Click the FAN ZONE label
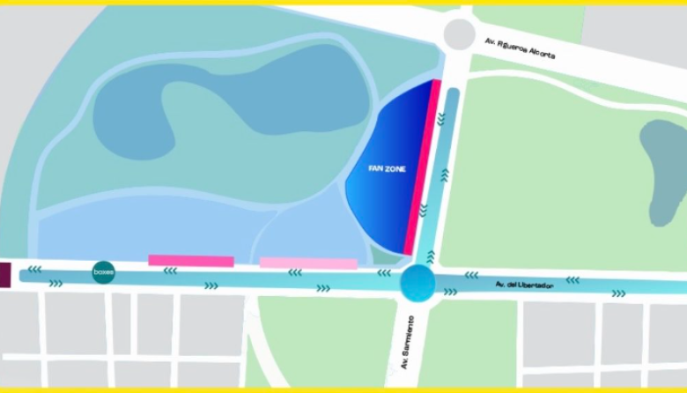click(x=388, y=168)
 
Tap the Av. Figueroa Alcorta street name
click(x=521, y=48)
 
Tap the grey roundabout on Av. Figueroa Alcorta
click(x=459, y=34)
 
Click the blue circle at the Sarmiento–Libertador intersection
click(x=417, y=284)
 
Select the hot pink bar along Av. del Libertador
click(x=190, y=261)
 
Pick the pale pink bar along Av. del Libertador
click(x=308, y=263)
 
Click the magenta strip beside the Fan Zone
click(x=423, y=167)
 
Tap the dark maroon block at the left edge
click(x=4, y=274)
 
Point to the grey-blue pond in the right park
click(x=666, y=173)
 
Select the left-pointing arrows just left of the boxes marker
click(x=34, y=270)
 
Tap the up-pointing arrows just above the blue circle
click(x=430, y=256)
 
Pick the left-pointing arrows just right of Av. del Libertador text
click(x=572, y=280)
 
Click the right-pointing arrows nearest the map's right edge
click(x=619, y=293)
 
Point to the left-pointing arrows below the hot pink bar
click(x=170, y=271)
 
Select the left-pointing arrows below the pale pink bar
click(x=295, y=273)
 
